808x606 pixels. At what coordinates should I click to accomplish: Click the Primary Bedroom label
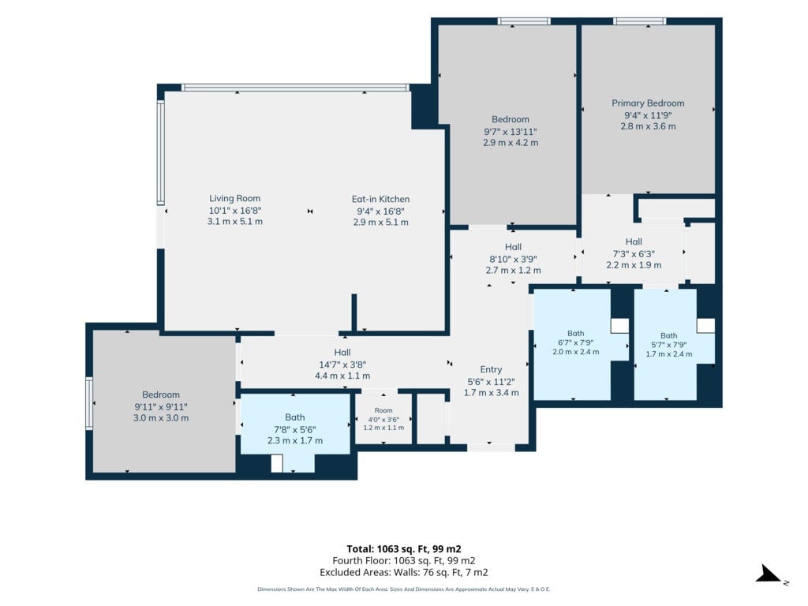click(x=648, y=103)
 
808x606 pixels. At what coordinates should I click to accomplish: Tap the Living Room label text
click(x=234, y=198)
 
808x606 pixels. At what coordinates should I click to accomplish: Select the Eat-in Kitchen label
click(x=381, y=199)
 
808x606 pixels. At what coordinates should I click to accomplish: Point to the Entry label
click(x=491, y=369)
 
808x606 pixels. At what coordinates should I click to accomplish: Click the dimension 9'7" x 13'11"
click(x=511, y=132)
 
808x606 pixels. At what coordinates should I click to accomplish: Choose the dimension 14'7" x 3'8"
click(x=342, y=365)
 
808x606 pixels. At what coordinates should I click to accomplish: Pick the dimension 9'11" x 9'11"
click(x=161, y=407)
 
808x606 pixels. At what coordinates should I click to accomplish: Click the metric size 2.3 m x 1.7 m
click(x=295, y=440)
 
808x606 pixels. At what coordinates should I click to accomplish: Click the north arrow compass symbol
click(x=769, y=574)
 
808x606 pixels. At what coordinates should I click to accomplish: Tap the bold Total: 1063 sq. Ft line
click(x=404, y=549)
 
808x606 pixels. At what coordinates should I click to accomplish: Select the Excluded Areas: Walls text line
click(x=404, y=573)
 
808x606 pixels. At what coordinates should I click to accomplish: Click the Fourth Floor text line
click(x=404, y=561)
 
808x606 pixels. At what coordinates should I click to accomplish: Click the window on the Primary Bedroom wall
click(x=639, y=21)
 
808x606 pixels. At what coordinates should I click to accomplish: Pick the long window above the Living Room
click(x=295, y=88)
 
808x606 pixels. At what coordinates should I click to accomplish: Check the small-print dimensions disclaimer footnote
click(x=404, y=589)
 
